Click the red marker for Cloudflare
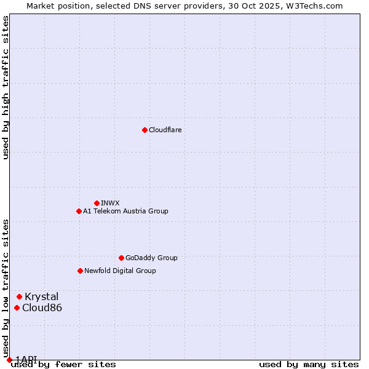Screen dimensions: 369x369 (x=145, y=130)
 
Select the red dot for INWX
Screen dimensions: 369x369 (x=97, y=203)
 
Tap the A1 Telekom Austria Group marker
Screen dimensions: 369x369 (x=79, y=211)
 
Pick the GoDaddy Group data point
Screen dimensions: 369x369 (x=121, y=258)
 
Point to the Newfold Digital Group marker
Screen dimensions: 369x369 (x=80, y=271)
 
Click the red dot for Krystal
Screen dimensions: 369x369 (x=19, y=296)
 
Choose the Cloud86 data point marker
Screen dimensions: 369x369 (x=17, y=307)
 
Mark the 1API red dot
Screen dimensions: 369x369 (x=9, y=360)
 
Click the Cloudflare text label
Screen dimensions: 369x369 (x=165, y=130)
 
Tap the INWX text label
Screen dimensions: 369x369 (x=110, y=203)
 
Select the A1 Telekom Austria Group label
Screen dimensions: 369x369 (x=125, y=211)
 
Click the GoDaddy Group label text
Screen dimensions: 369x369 (x=151, y=258)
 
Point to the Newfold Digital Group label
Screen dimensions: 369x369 (x=120, y=271)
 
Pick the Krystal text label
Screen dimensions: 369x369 (x=41, y=296)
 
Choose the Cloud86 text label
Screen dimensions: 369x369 (x=42, y=307)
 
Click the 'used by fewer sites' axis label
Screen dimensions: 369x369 (x=63, y=364)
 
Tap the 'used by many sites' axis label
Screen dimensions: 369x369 (x=309, y=364)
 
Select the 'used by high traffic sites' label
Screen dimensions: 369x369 (x=6, y=87)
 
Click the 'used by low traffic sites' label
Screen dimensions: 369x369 (x=6, y=288)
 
